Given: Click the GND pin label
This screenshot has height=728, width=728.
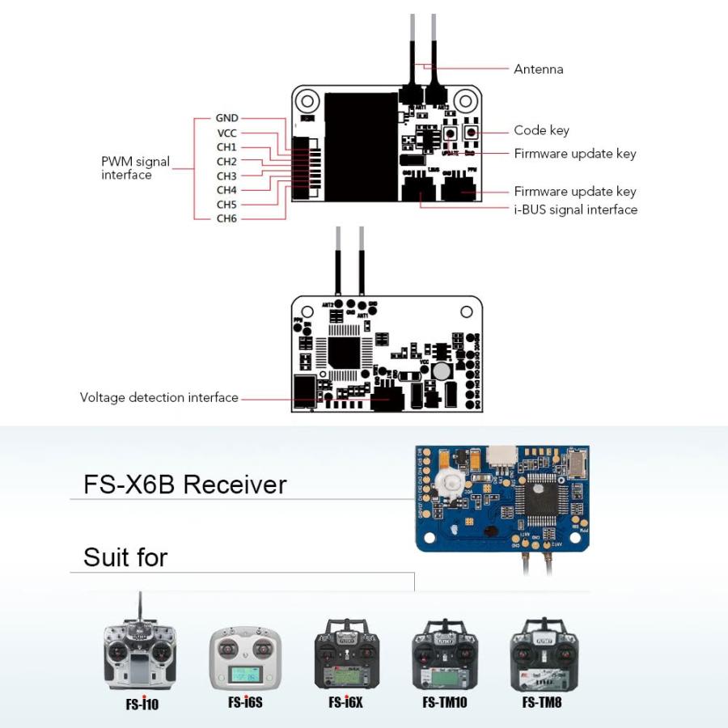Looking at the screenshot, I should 226,118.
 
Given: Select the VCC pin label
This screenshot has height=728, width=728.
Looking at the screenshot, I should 226,133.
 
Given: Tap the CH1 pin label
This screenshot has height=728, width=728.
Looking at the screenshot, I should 226,147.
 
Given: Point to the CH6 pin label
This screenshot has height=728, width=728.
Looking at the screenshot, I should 226,218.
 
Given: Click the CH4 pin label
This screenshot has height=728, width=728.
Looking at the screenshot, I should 226,190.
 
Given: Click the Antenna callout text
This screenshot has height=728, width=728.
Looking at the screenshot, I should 538,70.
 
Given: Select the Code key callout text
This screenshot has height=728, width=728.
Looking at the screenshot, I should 541,130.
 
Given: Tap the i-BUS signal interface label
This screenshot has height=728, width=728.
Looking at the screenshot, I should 575,210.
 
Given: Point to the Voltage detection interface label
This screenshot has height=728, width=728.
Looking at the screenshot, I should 159,397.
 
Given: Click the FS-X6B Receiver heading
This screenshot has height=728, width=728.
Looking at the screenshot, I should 185,485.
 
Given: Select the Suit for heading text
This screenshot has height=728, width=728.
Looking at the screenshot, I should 125,557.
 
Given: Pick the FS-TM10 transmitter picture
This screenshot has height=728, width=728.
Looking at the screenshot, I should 445,655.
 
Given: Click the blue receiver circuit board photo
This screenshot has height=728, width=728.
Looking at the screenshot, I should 502,497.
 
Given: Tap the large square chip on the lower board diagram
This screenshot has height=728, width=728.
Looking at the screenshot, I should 345,353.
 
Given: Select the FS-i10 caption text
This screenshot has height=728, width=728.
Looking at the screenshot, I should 142,704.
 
